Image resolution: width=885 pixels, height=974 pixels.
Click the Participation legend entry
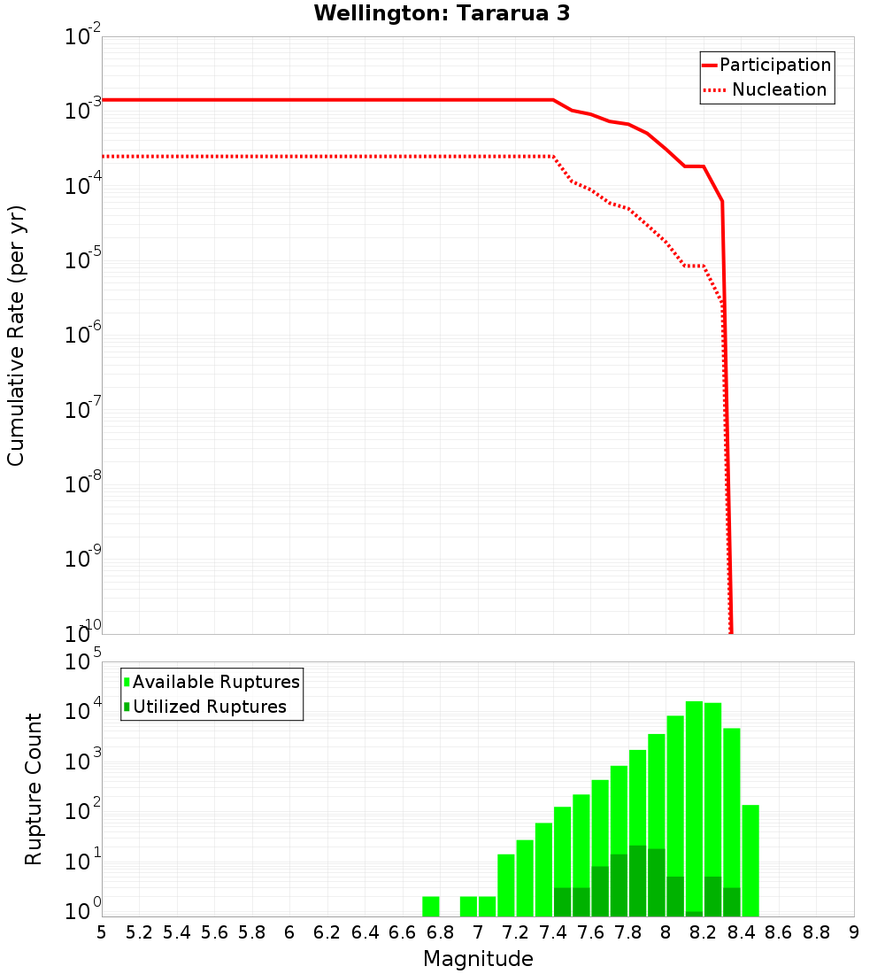point(775,65)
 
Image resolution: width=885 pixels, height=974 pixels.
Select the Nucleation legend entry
point(779,89)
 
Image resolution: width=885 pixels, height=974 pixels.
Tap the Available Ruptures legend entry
point(216,682)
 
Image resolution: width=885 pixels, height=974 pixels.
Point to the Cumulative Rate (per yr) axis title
point(16,335)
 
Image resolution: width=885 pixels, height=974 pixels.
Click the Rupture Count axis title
point(34,788)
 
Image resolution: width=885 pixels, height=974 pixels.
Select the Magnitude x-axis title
point(478,959)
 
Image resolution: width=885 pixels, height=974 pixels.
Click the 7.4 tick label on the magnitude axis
point(553,932)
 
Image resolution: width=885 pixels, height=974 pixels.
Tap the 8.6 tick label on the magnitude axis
point(779,932)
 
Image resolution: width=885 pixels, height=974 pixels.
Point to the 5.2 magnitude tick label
point(139,932)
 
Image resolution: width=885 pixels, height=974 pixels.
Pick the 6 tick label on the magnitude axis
point(289,932)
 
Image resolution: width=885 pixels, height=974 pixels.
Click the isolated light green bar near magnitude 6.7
point(431,907)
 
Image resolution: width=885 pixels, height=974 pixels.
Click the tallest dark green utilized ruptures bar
point(637,881)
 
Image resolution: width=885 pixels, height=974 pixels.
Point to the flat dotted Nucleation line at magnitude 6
point(289,156)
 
